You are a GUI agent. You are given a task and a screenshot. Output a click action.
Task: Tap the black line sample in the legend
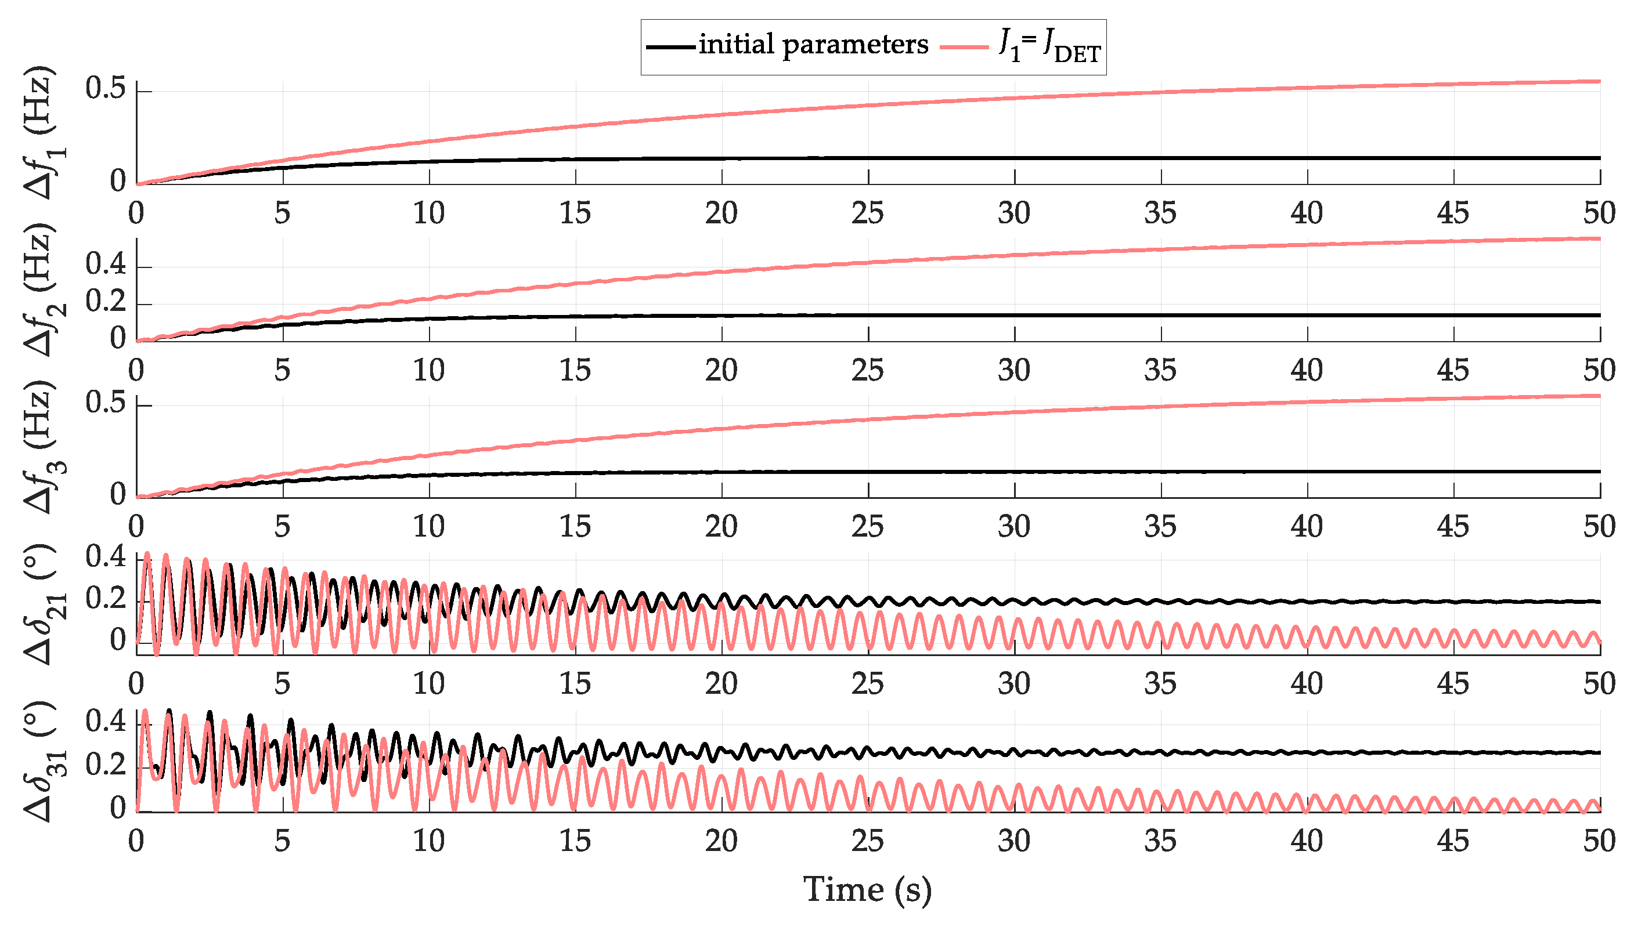pos(671,46)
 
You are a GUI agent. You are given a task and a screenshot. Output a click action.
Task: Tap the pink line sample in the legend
pos(964,46)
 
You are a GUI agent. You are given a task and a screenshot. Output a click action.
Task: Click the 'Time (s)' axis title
pos(867,889)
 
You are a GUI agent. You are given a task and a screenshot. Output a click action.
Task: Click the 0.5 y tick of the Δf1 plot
pos(106,89)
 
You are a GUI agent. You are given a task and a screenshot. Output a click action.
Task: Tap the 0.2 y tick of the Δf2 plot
pos(106,301)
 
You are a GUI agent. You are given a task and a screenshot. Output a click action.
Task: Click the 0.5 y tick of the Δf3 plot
pos(106,403)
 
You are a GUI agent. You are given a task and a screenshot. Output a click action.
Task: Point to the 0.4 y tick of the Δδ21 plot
pos(106,557)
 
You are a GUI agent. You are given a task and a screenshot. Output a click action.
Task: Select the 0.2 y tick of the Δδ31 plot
pos(106,763)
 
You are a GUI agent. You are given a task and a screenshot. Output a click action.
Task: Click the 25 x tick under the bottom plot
pos(867,841)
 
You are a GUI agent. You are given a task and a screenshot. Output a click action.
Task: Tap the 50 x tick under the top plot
pos(1599,213)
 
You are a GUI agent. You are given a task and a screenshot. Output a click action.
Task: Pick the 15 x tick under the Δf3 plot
pos(575,527)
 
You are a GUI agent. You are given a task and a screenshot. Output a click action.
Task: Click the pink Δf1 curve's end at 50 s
pos(1599,81)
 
